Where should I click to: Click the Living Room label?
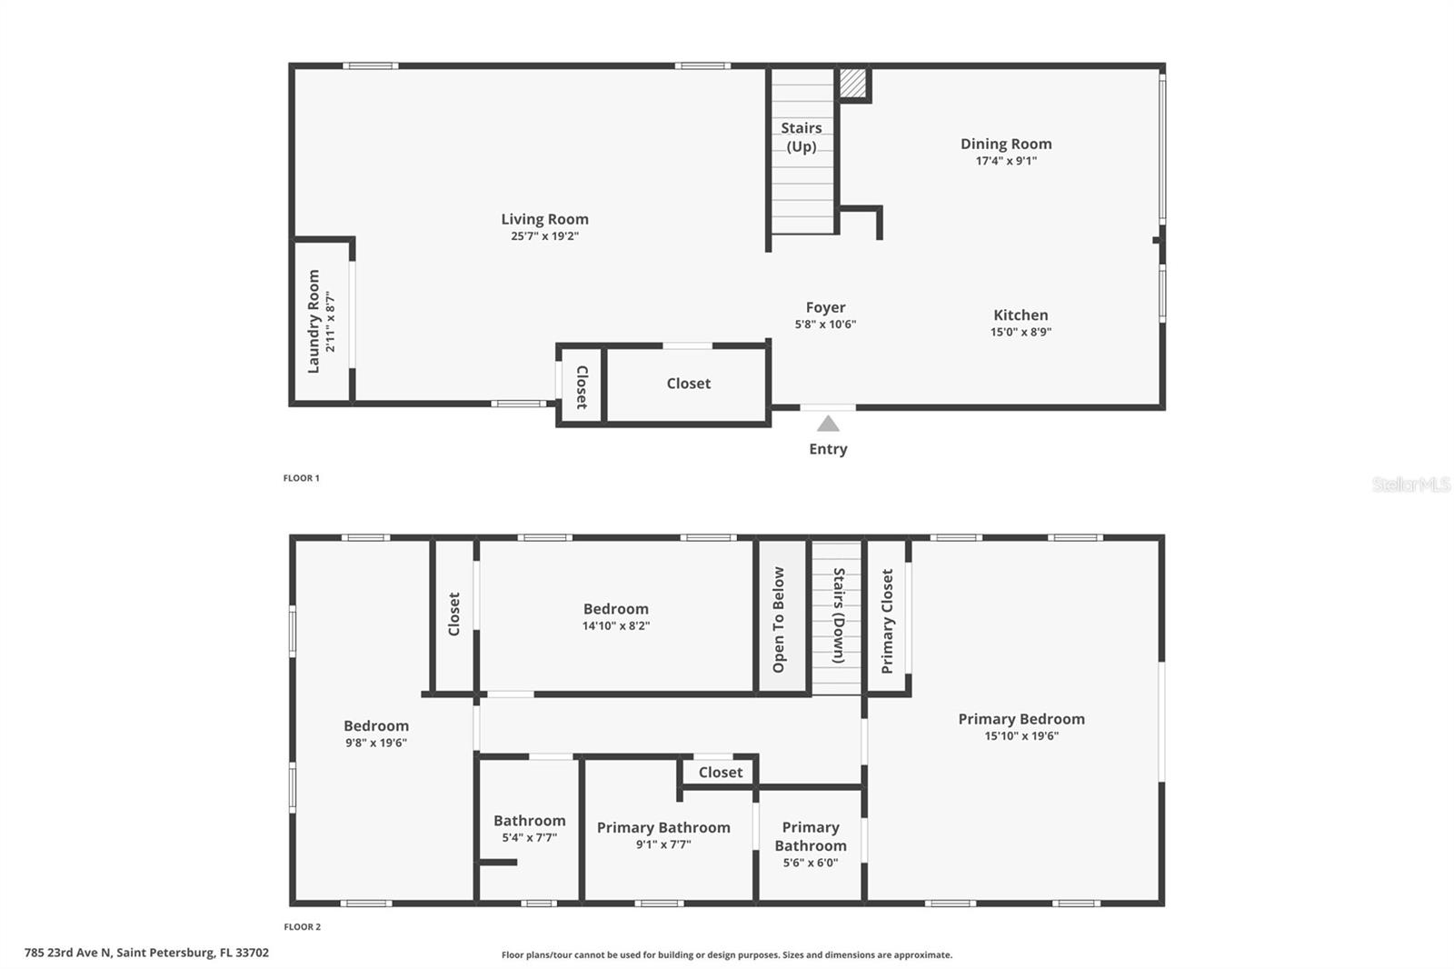click(x=544, y=219)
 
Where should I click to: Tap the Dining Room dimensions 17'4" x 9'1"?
click(x=1006, y=161)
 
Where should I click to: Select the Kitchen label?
click(x=1020, y=315)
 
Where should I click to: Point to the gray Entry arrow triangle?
click(x=828, y=424)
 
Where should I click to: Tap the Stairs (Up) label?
click(x=801, y=137)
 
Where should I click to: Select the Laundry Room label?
click(x=314, y=321)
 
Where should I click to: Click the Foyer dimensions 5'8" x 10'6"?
click(x=825, y=325)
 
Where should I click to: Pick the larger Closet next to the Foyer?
click(x=688, y=384)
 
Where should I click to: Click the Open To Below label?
click(x=779, y=619)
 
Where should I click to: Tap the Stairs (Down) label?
click(x=839, y=615)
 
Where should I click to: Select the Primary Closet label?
click(x=887, y=621)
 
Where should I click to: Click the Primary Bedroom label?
click(x=1021, y=719)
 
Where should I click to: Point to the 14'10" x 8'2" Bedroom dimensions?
click(x=615, y=626)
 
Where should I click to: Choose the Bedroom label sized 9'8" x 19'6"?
click(x=375, y=725)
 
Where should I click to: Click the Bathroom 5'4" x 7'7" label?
click(x=529, y=821)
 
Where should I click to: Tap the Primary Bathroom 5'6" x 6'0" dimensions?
click(x=810, y=863)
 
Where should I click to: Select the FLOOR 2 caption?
click(x=302, y=927)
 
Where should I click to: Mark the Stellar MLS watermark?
click(x=1410, y=484)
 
